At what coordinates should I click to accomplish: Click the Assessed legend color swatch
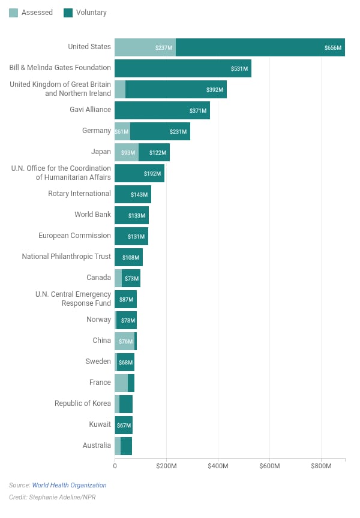click(13, 13)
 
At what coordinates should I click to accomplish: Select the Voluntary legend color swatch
click(68, 13)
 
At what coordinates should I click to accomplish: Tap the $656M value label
click(332, 47)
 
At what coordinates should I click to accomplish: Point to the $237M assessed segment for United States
click(145, 47)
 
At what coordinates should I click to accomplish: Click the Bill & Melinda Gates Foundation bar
click(183, 68)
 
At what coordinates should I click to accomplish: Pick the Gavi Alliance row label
click(90, 109)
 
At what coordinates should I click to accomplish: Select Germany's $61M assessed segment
click(122, 131)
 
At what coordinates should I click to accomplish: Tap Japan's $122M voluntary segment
click(154, 152)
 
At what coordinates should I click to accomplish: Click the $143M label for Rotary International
click(139, 195)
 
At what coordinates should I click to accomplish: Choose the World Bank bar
click(131, 215)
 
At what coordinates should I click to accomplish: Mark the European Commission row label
click(74, 236)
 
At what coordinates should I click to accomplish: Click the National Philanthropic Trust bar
click(128, 257)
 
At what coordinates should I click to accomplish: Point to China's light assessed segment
click(125, 341)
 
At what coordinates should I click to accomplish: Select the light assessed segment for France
click(121, 383)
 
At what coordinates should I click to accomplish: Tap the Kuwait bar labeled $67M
click(124, 425)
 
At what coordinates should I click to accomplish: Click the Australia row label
click(97, 445)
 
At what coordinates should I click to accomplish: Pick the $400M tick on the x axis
click(218, 466)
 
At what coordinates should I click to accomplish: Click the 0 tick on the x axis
click(115, 466)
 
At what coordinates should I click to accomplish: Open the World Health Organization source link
click(69, 485)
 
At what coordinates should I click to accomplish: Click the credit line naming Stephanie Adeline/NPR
click(52, 497)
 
